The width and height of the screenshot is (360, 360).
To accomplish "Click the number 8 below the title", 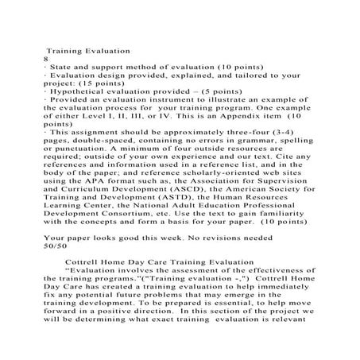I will tap(46, 59).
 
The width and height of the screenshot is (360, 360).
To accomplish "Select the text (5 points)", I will tap(231, 91).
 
